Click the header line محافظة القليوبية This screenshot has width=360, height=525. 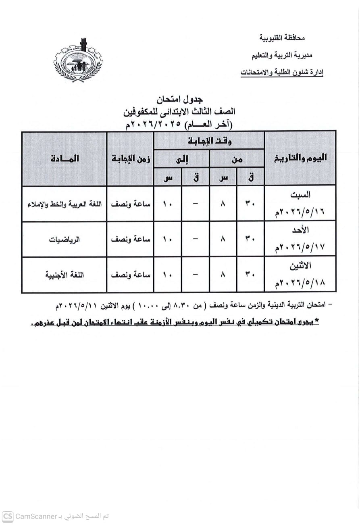(282, 38)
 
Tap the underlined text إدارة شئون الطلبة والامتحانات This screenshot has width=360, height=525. (282, 73)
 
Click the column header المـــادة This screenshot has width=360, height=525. (65, 158)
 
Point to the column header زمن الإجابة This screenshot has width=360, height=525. (131, 158)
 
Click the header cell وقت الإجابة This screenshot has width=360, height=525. (209, 141)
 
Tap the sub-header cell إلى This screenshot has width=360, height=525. (182, 159)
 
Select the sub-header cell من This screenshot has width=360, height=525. (237, 159)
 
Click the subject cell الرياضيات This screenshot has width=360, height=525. (65, 239)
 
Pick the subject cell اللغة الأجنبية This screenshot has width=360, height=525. (65, 275)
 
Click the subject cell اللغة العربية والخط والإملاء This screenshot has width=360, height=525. (65, 204)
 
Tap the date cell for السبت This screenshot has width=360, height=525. (300, 203)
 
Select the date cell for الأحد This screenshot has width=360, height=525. (300, 239)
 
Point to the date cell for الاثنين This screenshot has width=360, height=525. (300, 275)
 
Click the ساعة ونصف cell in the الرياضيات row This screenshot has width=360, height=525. (131, 239)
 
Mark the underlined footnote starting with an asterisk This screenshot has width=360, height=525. (175, 323)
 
